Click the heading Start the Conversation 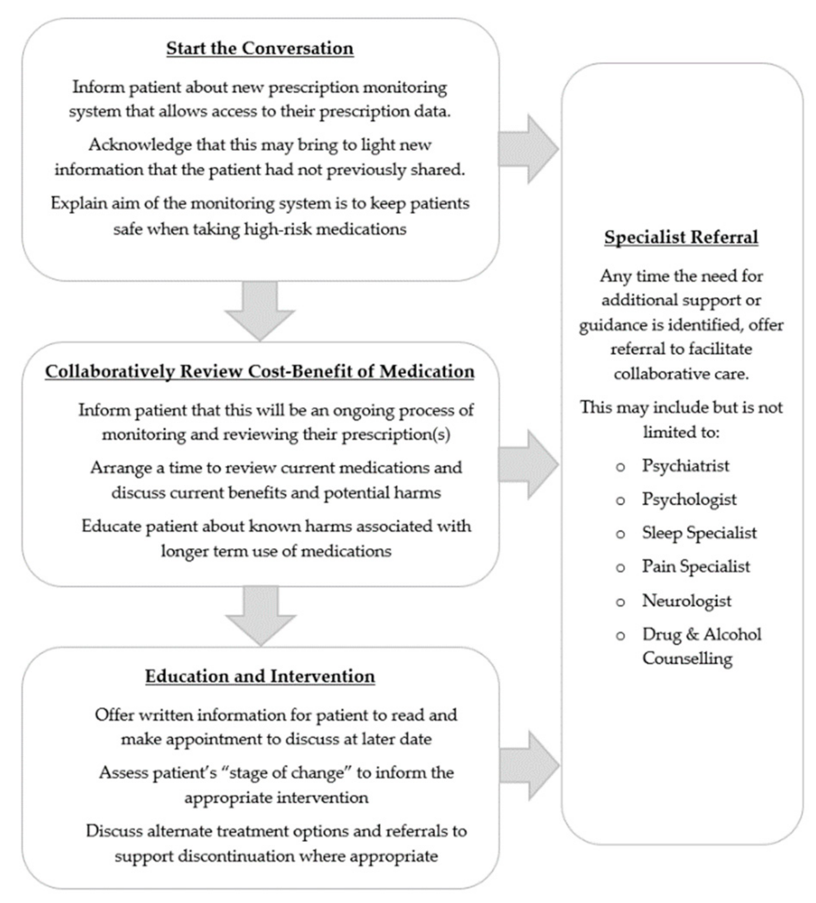coord(260,48)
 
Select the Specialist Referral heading coord(681,237)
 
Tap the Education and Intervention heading coord(260,676)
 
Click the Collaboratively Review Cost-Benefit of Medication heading coord(260,371)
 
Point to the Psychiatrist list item coord(685,466)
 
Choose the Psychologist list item coord(689,500)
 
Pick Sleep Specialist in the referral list coord(699,533)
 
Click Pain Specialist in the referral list coord(695,567)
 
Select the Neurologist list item coord(687,601)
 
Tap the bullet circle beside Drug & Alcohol coord(620,636)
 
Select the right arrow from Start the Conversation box coord(528,149)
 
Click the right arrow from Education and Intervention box coord(529,765)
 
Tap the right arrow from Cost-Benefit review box coord(528,464)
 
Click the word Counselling coord(687,658)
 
